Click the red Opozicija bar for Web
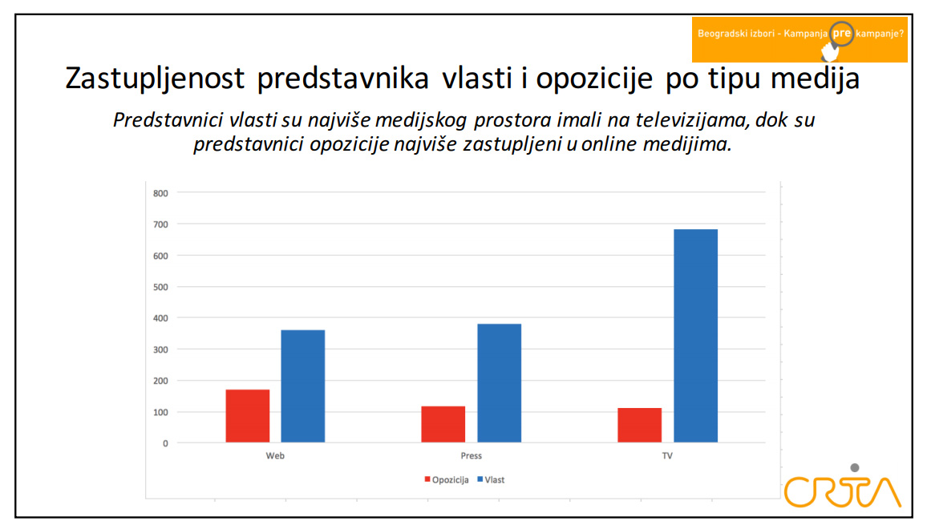click(x=247, y=416)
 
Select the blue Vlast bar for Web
click(x=303, y=386)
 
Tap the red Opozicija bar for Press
click(x=443, y=424)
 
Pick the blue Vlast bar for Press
click(x=499, y=383)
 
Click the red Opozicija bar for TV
click(x=639, y=425)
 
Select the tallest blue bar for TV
click(x=695, y=336)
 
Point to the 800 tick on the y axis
click(x=160, y=193)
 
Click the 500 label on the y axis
click(x=160, y=287)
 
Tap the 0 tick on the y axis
click(x=165, y=443)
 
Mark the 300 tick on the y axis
click(x=160, y=349)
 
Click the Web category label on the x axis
click(x=275, y=456)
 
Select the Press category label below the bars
click(x=472, y=456)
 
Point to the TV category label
click(x=667, y=456)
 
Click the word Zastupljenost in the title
click(x=156, y=79)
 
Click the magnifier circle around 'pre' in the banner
click(x=841, y=34)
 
